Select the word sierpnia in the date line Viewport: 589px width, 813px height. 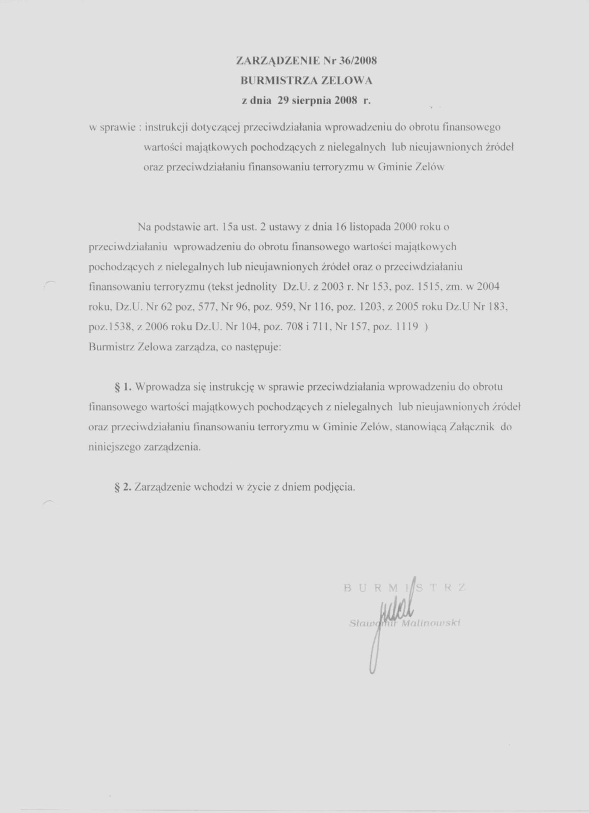[x=311, y=101]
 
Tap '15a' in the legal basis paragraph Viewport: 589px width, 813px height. [x=229, y=227]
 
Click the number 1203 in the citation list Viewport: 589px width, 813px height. [x=369, y=307]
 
